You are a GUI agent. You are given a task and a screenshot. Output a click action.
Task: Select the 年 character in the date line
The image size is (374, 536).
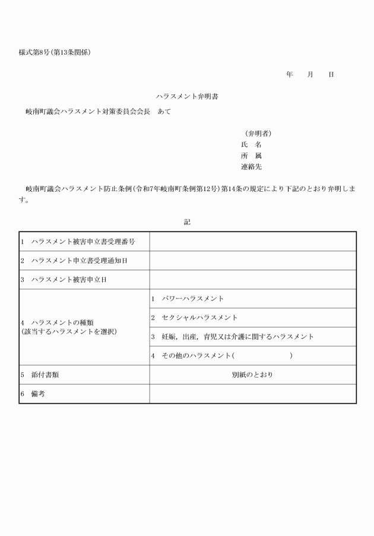point(289,74)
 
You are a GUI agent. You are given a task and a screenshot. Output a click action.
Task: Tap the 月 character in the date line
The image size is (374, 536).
point(310,74)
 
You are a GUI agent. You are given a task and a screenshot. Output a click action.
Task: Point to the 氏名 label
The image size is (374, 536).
point(251,144)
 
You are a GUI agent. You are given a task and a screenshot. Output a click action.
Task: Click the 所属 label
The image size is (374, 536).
point(251,156)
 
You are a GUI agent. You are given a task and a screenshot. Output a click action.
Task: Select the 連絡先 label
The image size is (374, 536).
point(251,167)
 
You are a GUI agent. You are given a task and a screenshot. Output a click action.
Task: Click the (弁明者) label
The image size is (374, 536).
point(258,133)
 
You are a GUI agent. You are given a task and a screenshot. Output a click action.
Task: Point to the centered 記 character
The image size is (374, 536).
point(187,222)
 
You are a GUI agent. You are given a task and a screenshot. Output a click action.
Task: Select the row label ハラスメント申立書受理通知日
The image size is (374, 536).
point(80,261)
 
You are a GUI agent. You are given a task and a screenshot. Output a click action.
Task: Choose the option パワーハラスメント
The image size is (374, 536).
point(192,299)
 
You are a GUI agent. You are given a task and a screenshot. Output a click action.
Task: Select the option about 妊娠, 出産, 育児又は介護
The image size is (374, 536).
point(237,337)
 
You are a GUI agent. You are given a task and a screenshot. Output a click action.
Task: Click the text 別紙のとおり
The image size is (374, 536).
point(252,375)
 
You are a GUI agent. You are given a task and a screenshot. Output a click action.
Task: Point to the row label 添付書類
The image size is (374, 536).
point(45,375)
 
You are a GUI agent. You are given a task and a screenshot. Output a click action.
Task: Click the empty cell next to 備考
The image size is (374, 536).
point(252,394)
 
